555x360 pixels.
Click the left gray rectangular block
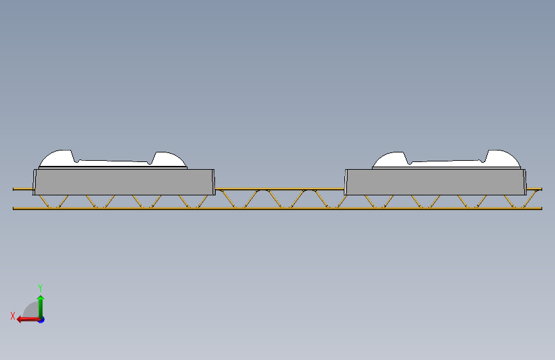coord(124,182)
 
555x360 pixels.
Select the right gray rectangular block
coord(435,182)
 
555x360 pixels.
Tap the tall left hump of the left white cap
coord(58,158)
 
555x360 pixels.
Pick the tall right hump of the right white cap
coord(502,158)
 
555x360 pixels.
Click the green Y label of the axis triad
coord(40,288)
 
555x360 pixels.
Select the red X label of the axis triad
coord(13,316)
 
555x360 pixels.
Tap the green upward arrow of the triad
coord(41,307)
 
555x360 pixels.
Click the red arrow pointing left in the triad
coord(28,320)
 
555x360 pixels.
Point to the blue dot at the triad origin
coord(42,320)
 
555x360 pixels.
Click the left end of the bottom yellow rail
coord(13,208)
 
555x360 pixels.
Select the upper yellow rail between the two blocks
coord(280,189)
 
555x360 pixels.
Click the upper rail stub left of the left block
coord(23,189)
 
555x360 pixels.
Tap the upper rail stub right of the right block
coord(534,189)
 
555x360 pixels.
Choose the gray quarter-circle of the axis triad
coord(31,310)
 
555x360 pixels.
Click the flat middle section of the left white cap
coord(113,163)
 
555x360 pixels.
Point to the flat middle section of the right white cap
coord(446,163)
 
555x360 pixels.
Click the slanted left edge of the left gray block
coord(35,182)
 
